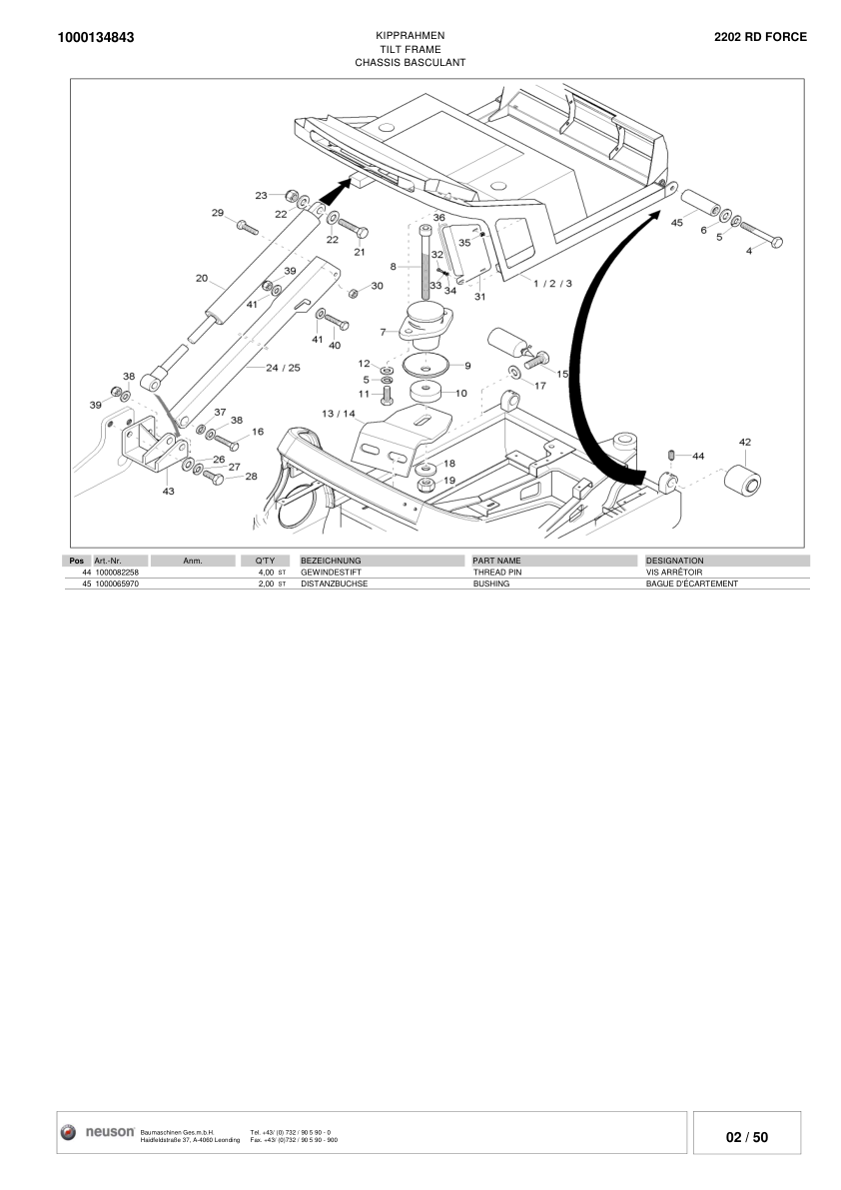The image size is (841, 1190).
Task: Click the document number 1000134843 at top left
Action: (x=96, y=38)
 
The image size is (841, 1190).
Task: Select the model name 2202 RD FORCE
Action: (x=760, y=36)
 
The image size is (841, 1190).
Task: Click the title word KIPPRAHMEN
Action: (x=410, y=35)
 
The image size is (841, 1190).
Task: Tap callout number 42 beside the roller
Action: (x=744, y=442)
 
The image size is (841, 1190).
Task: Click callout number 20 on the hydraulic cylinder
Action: (x=201, y=278)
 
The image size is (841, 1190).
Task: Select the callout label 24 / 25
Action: (x=283, y=368)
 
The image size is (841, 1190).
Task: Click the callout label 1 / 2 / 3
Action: (x=552, y=284)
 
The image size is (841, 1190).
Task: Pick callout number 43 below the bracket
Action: (x=168, y=491)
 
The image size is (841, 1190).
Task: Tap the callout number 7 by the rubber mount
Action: (x=383, y=331)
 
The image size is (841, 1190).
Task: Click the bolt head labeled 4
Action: (x=776, y=242)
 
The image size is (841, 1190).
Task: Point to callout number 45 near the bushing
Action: (x=676, y=223)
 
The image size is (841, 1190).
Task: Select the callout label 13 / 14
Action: (x=338, y=413)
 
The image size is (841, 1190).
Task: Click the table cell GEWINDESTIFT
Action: (x=331, y=573)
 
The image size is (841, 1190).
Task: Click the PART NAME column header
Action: (x=497, y=561)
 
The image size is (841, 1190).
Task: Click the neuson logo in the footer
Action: (x=100, y=1132)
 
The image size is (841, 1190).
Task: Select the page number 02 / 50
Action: (x=747, y=1137)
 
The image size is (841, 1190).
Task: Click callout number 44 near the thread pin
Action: (x=697, y=456)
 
